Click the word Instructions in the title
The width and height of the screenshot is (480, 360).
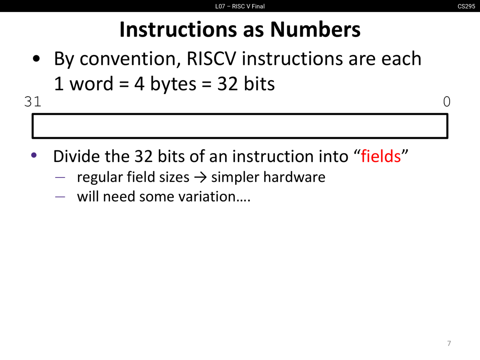(x=178, y=30)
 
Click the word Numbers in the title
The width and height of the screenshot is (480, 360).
(x=315, y=30)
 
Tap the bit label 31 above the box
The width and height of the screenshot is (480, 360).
(x=33, y=102)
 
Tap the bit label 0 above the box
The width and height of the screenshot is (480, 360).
(x=447, y=102)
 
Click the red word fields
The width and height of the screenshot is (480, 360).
(x=381, y=156)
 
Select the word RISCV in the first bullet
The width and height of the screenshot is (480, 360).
(x=211, y=58)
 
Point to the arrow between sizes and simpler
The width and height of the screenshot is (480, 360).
(x=200, y=177)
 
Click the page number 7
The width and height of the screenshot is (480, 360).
(x=449, y=343)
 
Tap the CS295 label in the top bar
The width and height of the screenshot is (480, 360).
(x=466, y=6)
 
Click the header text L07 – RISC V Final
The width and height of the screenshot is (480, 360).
(x=240, y=6)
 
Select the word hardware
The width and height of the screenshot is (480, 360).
(x=294, y=177)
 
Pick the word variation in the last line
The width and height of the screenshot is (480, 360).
(x=207, y=196)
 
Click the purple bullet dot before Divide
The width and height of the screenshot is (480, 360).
(x=34, y=155)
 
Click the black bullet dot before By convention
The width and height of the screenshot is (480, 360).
(x=36, y=58)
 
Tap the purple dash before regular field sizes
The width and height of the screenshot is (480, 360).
(x=60, y=177)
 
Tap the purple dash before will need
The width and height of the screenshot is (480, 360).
(x=60, y=197)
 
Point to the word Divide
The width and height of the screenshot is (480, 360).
(x=77, y=156)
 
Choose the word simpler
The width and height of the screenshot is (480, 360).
(x=235, y=177)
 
